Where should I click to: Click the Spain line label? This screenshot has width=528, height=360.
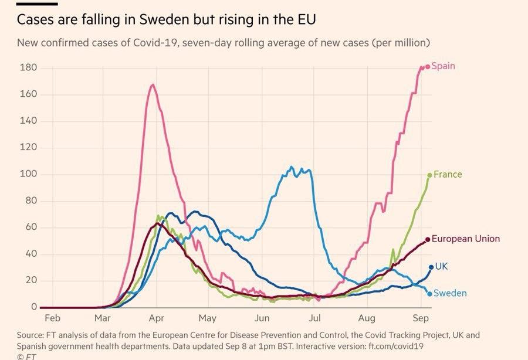[x=444, y=66]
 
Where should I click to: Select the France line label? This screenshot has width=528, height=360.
[x=448, y=174]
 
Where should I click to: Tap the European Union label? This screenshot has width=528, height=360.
[x=466, y=239]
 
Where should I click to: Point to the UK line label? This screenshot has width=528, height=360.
[x=441, y=266]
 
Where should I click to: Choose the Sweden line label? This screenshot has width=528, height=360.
[x=450, y=293]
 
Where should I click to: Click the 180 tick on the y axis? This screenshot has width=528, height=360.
[x=29, y=68]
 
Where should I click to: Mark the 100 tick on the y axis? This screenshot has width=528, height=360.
[x=29, y=174]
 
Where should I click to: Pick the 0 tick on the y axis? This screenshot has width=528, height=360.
[x=34, y=307]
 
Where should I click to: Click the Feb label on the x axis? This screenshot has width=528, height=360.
[x=53, y=318]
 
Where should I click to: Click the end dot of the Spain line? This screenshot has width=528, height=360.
[x=428, y=66]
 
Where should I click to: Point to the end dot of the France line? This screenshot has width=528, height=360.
[x=429, y=175]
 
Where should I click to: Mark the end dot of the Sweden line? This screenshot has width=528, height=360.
[x=429, y=294]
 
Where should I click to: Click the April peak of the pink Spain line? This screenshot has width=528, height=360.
[x=153, y=85]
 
